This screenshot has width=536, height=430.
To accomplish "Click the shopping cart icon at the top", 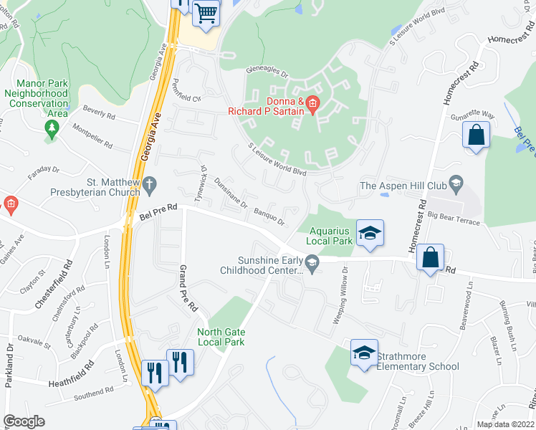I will tap(206, 12).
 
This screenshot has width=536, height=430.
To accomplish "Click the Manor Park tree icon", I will tap(51, 128).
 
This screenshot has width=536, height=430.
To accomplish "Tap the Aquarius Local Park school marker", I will tap(370, 233).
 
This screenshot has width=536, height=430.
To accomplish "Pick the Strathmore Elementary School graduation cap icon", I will tap(364, 352).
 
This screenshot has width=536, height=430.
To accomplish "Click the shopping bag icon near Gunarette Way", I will tap(476, 135).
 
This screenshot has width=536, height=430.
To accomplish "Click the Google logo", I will tap(24, 421).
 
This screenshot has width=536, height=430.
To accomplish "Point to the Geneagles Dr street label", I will tap(267, 73).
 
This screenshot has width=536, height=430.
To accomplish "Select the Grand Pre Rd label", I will tap(188, 289).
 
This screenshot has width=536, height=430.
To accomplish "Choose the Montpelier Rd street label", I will tap(92, 135).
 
